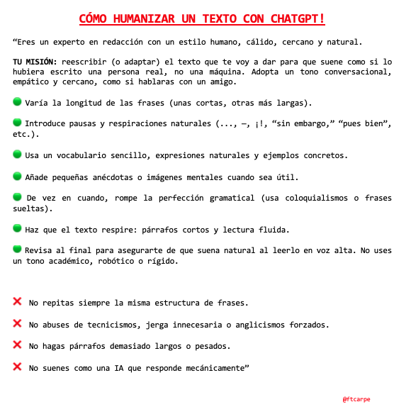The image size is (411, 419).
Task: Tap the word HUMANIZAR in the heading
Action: tap(142, 18)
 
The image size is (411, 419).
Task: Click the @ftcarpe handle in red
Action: tap(356, 399)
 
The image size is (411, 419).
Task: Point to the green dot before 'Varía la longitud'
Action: tap(17, 102)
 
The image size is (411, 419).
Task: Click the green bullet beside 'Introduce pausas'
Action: tap(17, 123)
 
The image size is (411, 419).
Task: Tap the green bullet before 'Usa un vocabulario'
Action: tap(17, 153)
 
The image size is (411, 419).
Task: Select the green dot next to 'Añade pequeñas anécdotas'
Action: tap(17, 175)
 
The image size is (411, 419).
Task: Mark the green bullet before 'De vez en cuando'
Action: tap(17, 196)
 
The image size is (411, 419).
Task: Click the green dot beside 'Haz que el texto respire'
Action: tap(17, 228)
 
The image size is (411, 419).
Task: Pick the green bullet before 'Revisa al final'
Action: tap(17, 250)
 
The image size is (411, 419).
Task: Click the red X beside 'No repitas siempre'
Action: tap(17, 302)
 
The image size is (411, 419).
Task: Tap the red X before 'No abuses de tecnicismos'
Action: tap(17, 323)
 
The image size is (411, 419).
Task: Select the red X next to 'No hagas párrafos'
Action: tap(17, 345)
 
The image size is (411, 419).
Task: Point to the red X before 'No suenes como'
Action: tap(17, 367)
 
